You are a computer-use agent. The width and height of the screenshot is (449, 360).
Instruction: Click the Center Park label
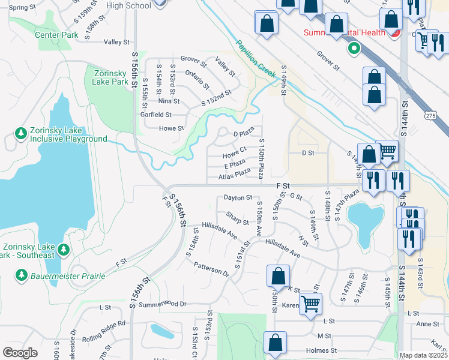point(56,35)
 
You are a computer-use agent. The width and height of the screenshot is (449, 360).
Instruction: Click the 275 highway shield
point(430,115)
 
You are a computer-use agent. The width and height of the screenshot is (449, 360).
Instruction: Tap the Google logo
point(20,353)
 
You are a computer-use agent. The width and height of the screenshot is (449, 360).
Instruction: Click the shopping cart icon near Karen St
point(311,303)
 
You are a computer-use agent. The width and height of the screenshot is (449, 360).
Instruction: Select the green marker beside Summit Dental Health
point(354,48)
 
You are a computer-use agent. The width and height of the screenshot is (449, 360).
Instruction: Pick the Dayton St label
point(238,197)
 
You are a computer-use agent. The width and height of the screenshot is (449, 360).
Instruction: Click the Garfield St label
point(155,115)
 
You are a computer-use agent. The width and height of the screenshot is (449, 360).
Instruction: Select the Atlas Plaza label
point(234,175)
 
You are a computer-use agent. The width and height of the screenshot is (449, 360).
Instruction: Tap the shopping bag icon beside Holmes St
point(275,343)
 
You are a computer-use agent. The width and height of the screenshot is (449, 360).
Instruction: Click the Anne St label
point(427,324)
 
